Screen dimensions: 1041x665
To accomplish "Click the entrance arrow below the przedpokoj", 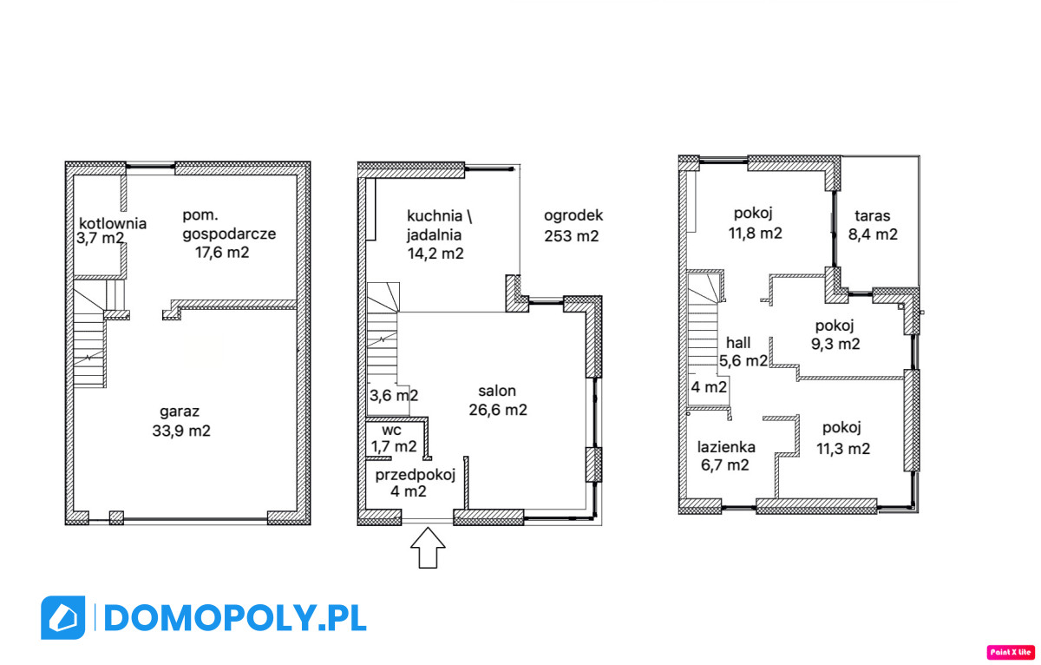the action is (x=428, y=547).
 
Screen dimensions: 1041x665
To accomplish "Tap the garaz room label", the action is (x=180, y=412).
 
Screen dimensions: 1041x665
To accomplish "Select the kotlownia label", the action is (x=113, y=223).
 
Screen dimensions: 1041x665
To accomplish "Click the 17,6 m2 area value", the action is (x=222, y=253).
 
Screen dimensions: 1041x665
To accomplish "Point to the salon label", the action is (x=497, y=391).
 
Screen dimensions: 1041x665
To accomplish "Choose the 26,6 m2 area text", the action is (x=498, y=410).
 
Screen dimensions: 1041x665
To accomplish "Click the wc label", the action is (x=391, y=430).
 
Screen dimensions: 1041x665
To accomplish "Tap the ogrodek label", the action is (x=573, y=216).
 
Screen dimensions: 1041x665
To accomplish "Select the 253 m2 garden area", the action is (x=572, y=236).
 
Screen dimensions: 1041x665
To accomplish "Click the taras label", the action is (x=873, y=216).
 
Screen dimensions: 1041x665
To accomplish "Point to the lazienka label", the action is (x=726, y=447).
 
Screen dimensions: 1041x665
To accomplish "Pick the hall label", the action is (x=738, y=343).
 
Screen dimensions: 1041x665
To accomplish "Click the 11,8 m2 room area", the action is (x=756, y=233).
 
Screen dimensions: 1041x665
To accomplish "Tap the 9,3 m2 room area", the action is (x=835, y=344).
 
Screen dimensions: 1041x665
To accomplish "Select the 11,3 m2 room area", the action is (x=843, y=449).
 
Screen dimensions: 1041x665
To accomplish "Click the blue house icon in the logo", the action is (x=62, y=617).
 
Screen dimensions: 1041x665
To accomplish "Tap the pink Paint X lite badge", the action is (x=1011, y=652).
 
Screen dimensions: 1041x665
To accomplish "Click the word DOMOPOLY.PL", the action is (x=235, y=618).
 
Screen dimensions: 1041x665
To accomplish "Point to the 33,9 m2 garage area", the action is (x=181, y=431).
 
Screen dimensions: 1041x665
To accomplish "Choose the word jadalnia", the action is (x=434, y=235).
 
